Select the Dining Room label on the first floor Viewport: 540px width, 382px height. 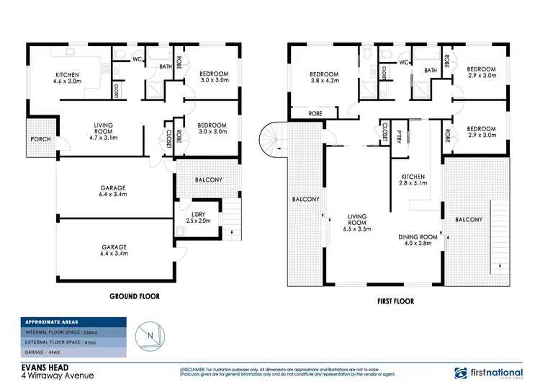pos(418,236)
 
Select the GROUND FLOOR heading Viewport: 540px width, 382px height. pos(134,296)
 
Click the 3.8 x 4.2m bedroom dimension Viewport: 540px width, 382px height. pos(324,81)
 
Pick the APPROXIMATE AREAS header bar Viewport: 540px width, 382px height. pos(73,322)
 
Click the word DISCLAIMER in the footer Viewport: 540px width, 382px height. pos(192,368)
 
